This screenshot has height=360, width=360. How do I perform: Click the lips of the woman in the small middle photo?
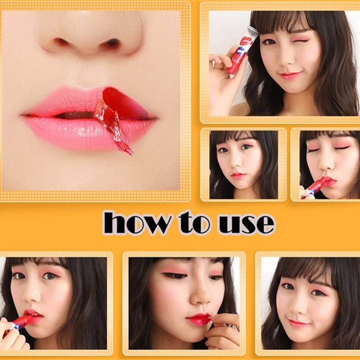238,175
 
